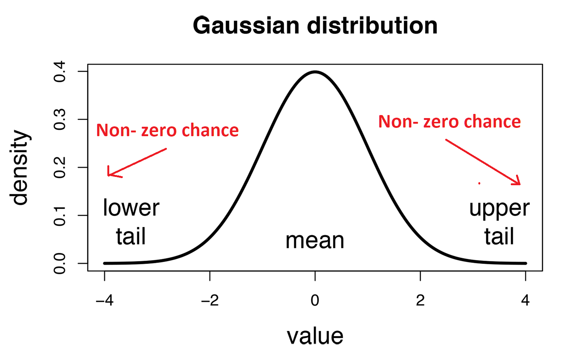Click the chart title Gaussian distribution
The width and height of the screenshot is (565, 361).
coord(315,26)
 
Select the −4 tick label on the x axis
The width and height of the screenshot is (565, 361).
coord(104,300)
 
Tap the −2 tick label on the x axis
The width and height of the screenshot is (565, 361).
coord(209,300)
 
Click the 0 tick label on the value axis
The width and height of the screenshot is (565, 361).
coord(315,300)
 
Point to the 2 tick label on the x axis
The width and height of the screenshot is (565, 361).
coord(420,300)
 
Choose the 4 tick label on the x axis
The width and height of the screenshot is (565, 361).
coord(525,300)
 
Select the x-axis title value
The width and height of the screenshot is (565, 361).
coord(315,336)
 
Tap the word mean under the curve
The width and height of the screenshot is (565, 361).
coord(315,240)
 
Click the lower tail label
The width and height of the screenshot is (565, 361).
coord(131,222)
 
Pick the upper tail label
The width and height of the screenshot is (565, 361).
coord(499,222)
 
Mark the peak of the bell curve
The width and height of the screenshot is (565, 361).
coord(315,72)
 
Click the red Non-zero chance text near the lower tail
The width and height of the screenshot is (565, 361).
coord(167,131)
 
